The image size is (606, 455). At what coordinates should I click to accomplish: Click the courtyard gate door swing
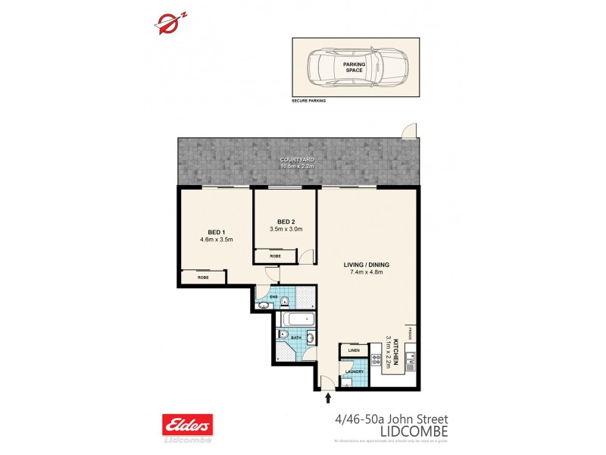click(409, 133)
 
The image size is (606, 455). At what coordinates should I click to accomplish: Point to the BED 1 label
click(216, 232)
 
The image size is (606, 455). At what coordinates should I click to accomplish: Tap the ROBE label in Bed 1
click(204, 278)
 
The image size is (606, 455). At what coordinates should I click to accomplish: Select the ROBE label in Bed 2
click(274, 256)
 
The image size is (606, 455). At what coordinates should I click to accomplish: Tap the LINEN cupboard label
click(353, 350)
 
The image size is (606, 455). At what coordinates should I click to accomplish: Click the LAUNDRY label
click(354, 372)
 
